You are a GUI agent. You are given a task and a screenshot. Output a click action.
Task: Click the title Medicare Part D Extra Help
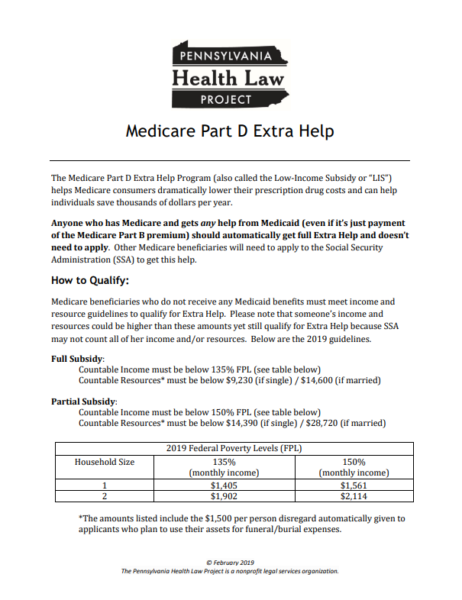click(x=230, y=131)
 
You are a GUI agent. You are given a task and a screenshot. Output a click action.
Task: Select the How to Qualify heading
click(x=89, y=279)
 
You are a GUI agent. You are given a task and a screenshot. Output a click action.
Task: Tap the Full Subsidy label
click(x=78, y=357)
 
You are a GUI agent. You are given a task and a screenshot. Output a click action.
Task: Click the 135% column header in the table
click(x=224, y=462)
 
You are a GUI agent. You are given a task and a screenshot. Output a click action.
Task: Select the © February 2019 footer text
click(x=230, y=563)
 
